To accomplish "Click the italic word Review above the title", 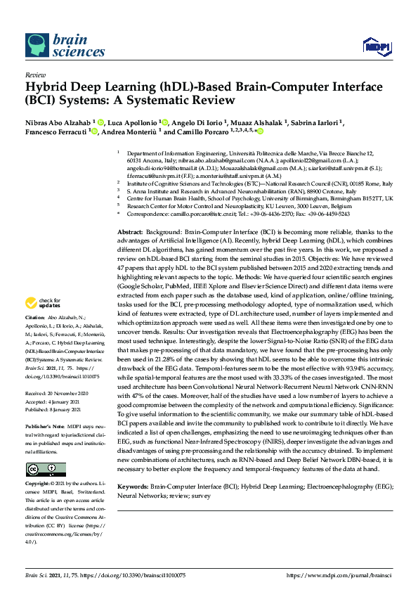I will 34,74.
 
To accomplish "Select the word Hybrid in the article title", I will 46,87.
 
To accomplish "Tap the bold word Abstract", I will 130,212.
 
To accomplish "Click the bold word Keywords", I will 134,486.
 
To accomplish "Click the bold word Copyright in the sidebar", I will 39,484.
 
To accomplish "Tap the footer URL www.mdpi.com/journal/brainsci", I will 341,574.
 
